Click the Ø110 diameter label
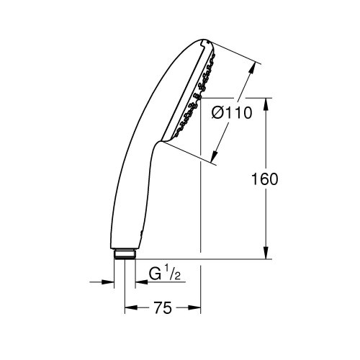(231, 114)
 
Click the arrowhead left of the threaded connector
(110, 282)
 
